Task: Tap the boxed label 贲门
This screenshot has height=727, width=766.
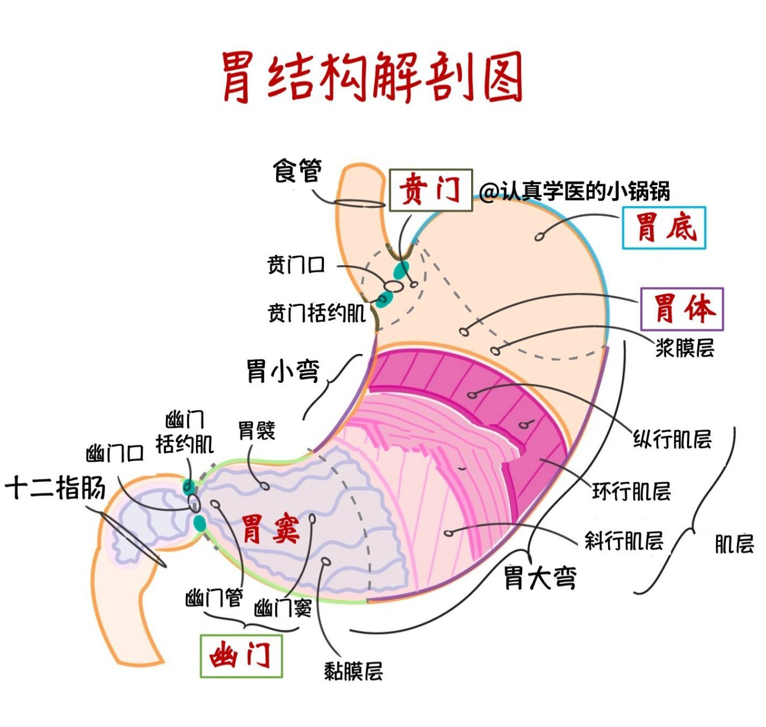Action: point(431,190)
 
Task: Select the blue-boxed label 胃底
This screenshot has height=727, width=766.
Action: point(664,228)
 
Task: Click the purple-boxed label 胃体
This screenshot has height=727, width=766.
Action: point(682,309)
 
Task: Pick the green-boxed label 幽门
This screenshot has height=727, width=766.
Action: point(241,656)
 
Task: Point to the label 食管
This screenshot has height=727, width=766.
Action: point(297,170)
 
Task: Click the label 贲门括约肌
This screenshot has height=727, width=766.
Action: point(317,313)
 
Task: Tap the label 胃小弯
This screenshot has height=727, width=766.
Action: point(282,371)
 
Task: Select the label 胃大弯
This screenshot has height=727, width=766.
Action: point(540,578)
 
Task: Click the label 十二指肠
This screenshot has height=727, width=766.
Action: point(55,488)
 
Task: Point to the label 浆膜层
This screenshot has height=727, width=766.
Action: point(685,348)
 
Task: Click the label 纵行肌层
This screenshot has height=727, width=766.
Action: point(672,439)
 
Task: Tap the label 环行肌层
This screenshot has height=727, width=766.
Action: point(631,491)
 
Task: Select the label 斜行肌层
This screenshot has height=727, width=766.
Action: point(624,541)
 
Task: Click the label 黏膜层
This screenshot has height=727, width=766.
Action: point(353,671)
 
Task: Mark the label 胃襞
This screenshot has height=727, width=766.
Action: point(256,431)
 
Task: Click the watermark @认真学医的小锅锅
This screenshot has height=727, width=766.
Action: point(574,191)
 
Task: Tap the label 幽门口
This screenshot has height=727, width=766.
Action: point(115,454)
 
